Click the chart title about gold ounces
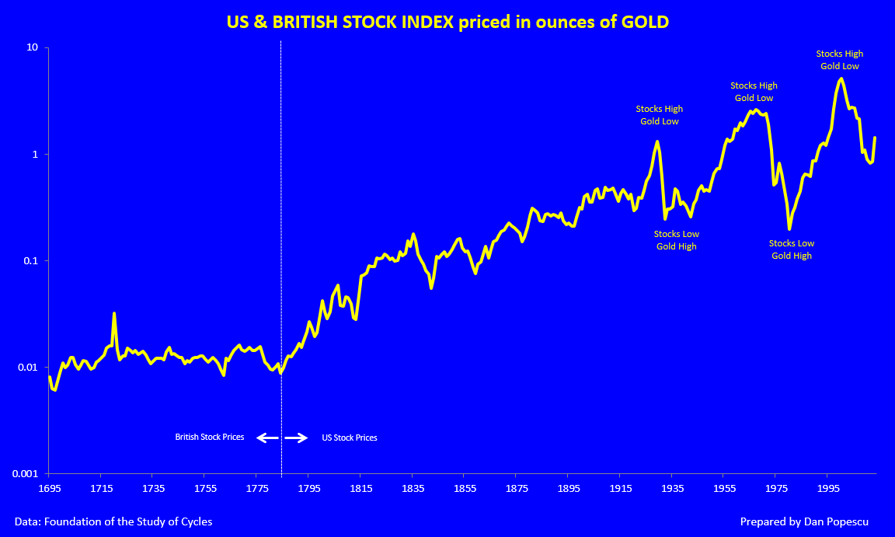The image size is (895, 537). [447, 22]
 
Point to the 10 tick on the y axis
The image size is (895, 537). [33, 48]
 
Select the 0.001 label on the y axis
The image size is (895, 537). [26, 473]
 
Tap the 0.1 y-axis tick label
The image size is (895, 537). [31, 261]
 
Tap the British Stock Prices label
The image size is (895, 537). [210, 438]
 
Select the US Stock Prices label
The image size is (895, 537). [350, 438]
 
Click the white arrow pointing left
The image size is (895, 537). [267, 438]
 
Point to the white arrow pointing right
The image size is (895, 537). [296, 438]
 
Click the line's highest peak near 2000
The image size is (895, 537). [841, 78]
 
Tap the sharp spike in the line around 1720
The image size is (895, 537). [114, 314]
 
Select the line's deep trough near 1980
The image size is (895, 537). [789, 228]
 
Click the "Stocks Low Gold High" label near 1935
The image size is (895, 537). [676, 240]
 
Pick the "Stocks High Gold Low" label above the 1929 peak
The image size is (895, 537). [660, 115]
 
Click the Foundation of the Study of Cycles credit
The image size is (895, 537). [113, 521]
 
